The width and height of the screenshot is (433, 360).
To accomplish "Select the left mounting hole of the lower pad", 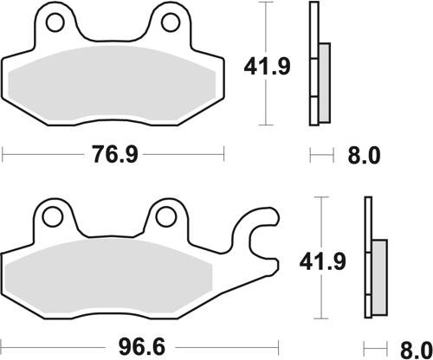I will (53, 216).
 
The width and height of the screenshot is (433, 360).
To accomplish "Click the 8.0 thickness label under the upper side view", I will (364, 156).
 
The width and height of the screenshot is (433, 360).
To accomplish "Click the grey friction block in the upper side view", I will (324, 83).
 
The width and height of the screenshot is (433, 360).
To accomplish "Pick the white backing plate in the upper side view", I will (313, 65).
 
